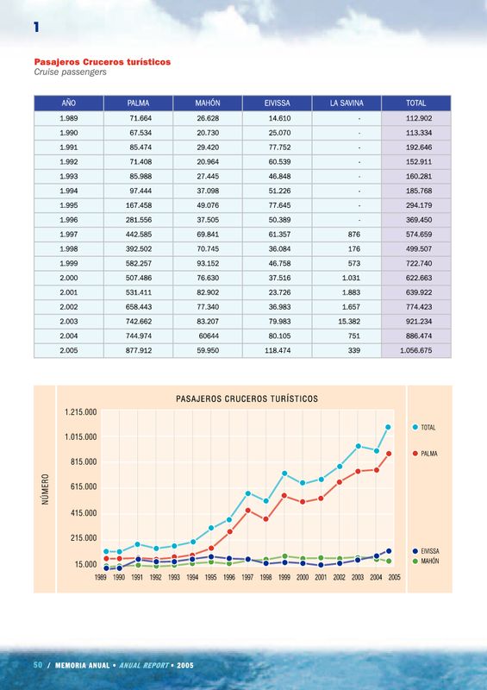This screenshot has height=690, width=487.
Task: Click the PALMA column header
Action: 138,103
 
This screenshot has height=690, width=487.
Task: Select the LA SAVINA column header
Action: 347,103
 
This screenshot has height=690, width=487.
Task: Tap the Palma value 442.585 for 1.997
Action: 139,235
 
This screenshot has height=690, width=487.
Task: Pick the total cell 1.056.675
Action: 415,351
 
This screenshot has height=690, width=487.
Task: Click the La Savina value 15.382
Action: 349,322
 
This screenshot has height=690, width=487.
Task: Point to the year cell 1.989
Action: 69,118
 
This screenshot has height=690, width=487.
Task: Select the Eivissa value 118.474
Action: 278,351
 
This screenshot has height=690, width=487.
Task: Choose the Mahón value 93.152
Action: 208,264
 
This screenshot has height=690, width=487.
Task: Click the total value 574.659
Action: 419,235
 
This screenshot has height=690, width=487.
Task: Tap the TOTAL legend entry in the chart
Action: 424,427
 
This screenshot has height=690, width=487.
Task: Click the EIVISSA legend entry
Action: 426,551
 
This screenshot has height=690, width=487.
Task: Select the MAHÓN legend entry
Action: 426,561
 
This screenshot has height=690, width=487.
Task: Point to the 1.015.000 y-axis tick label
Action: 80,437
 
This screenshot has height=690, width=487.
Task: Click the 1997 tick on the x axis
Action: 247,578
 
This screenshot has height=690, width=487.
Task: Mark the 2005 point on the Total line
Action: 388,427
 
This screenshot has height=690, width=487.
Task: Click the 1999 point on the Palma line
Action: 284,495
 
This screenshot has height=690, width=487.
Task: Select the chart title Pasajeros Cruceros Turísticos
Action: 247,399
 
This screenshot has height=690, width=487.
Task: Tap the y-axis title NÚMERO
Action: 46,489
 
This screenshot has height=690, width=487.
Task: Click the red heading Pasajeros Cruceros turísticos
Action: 103,62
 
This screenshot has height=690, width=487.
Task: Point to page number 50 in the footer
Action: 38,665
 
